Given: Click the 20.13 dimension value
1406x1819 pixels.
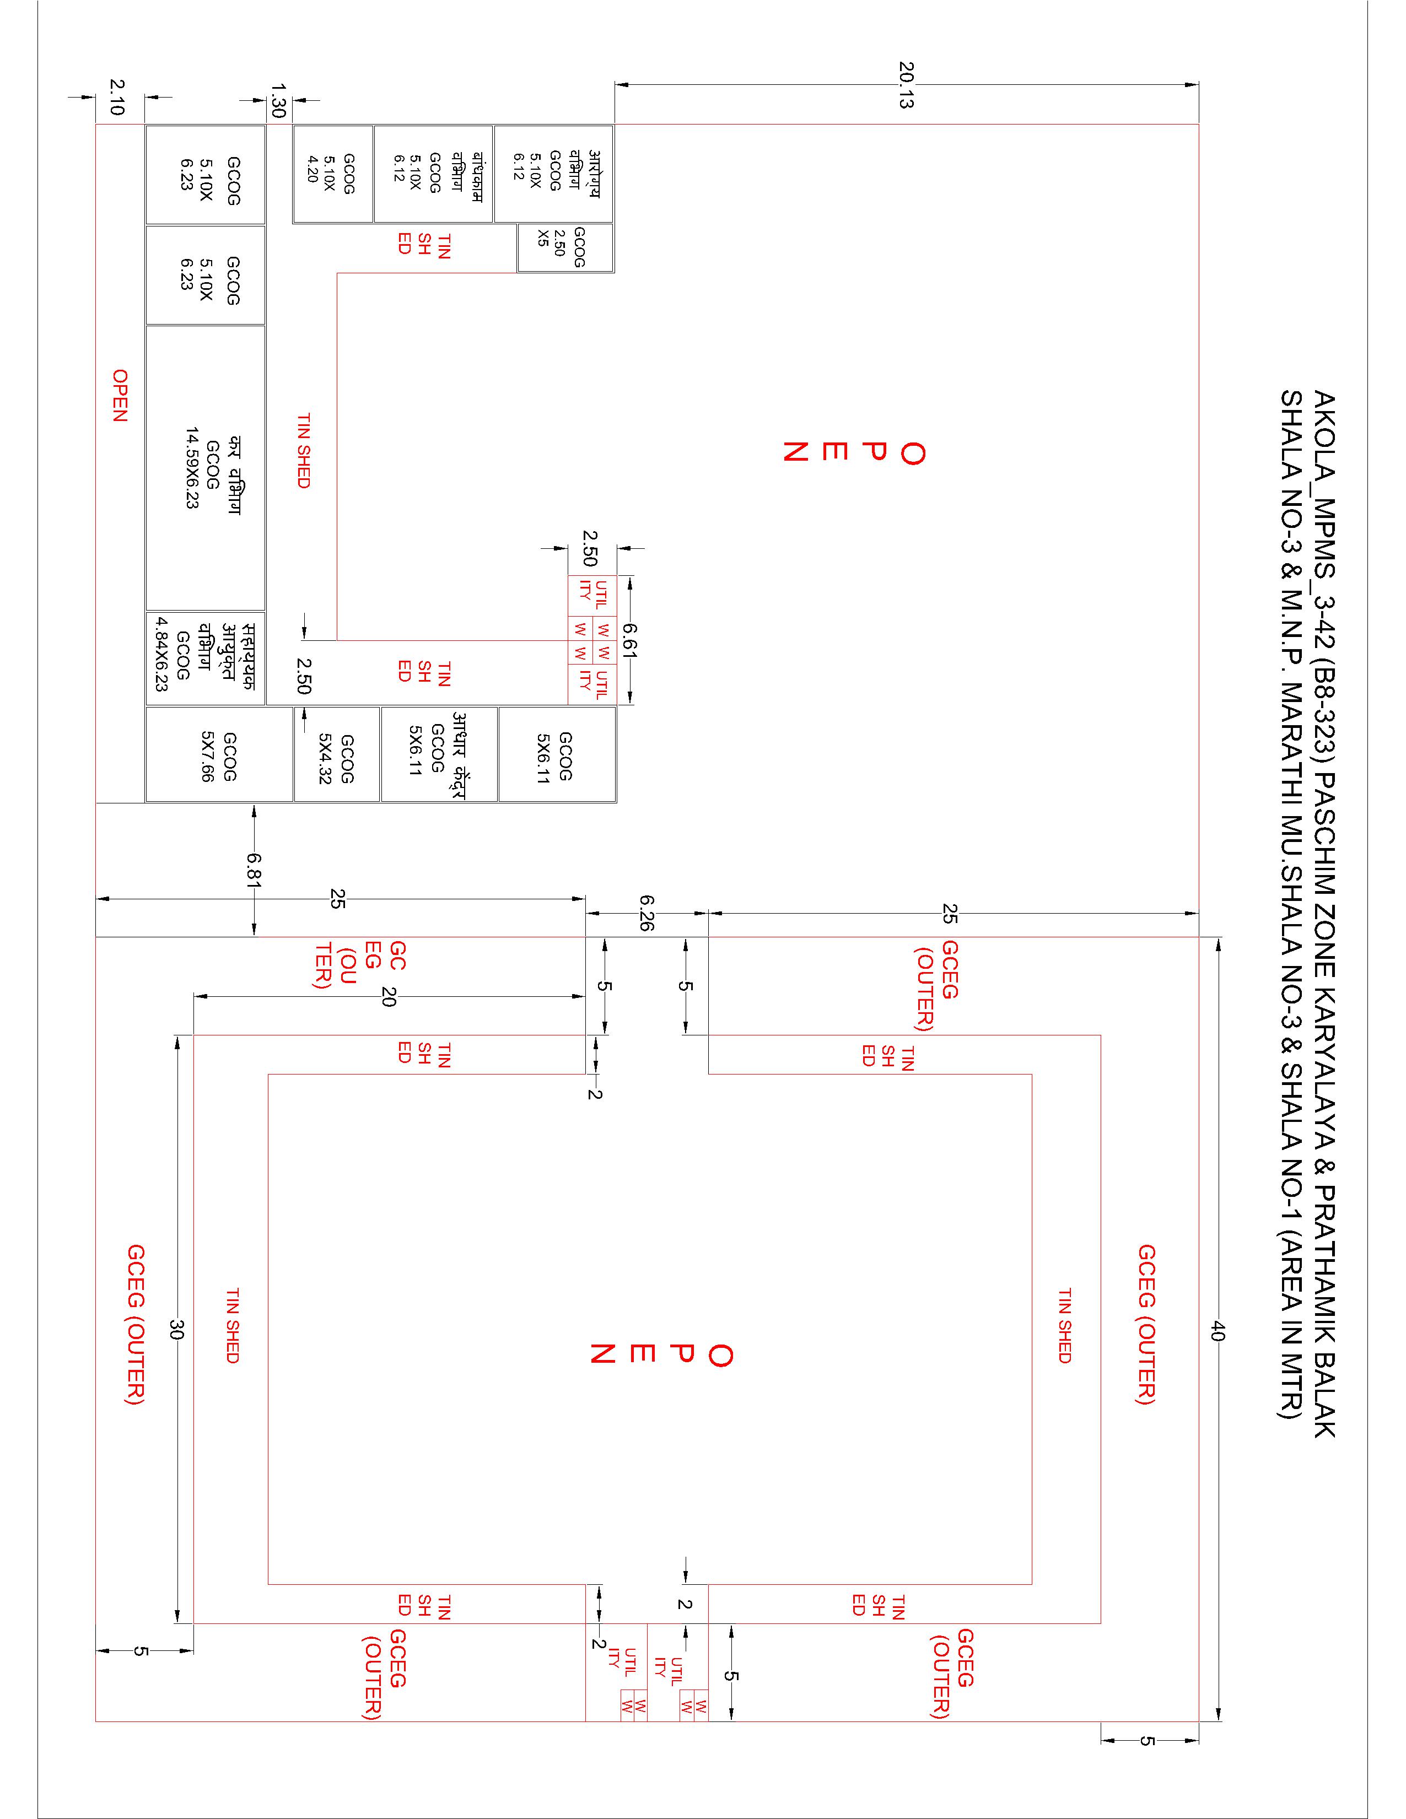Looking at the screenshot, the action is (x=906, y=84).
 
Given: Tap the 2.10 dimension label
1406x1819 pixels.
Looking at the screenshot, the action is (x=117, y=98).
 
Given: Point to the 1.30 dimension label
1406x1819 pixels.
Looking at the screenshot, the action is (x=279, y=99).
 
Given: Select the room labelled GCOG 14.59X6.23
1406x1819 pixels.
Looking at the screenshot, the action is (x=206, y=467).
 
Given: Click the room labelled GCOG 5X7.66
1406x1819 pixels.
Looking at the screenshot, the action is (x=219, y=754).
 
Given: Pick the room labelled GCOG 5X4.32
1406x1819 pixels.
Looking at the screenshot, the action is (x=337, y=754).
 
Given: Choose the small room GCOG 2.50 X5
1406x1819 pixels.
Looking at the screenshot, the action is (x=565, y=247).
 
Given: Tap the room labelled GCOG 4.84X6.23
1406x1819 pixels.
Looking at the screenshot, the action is (x=206, y=658).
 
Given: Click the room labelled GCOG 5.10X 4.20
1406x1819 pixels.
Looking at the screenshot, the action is (x=332, y=174).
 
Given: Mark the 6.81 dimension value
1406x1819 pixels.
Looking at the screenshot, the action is (x=254, y=871).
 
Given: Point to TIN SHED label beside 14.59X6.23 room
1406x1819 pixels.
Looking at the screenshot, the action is (x=303, y=451).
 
